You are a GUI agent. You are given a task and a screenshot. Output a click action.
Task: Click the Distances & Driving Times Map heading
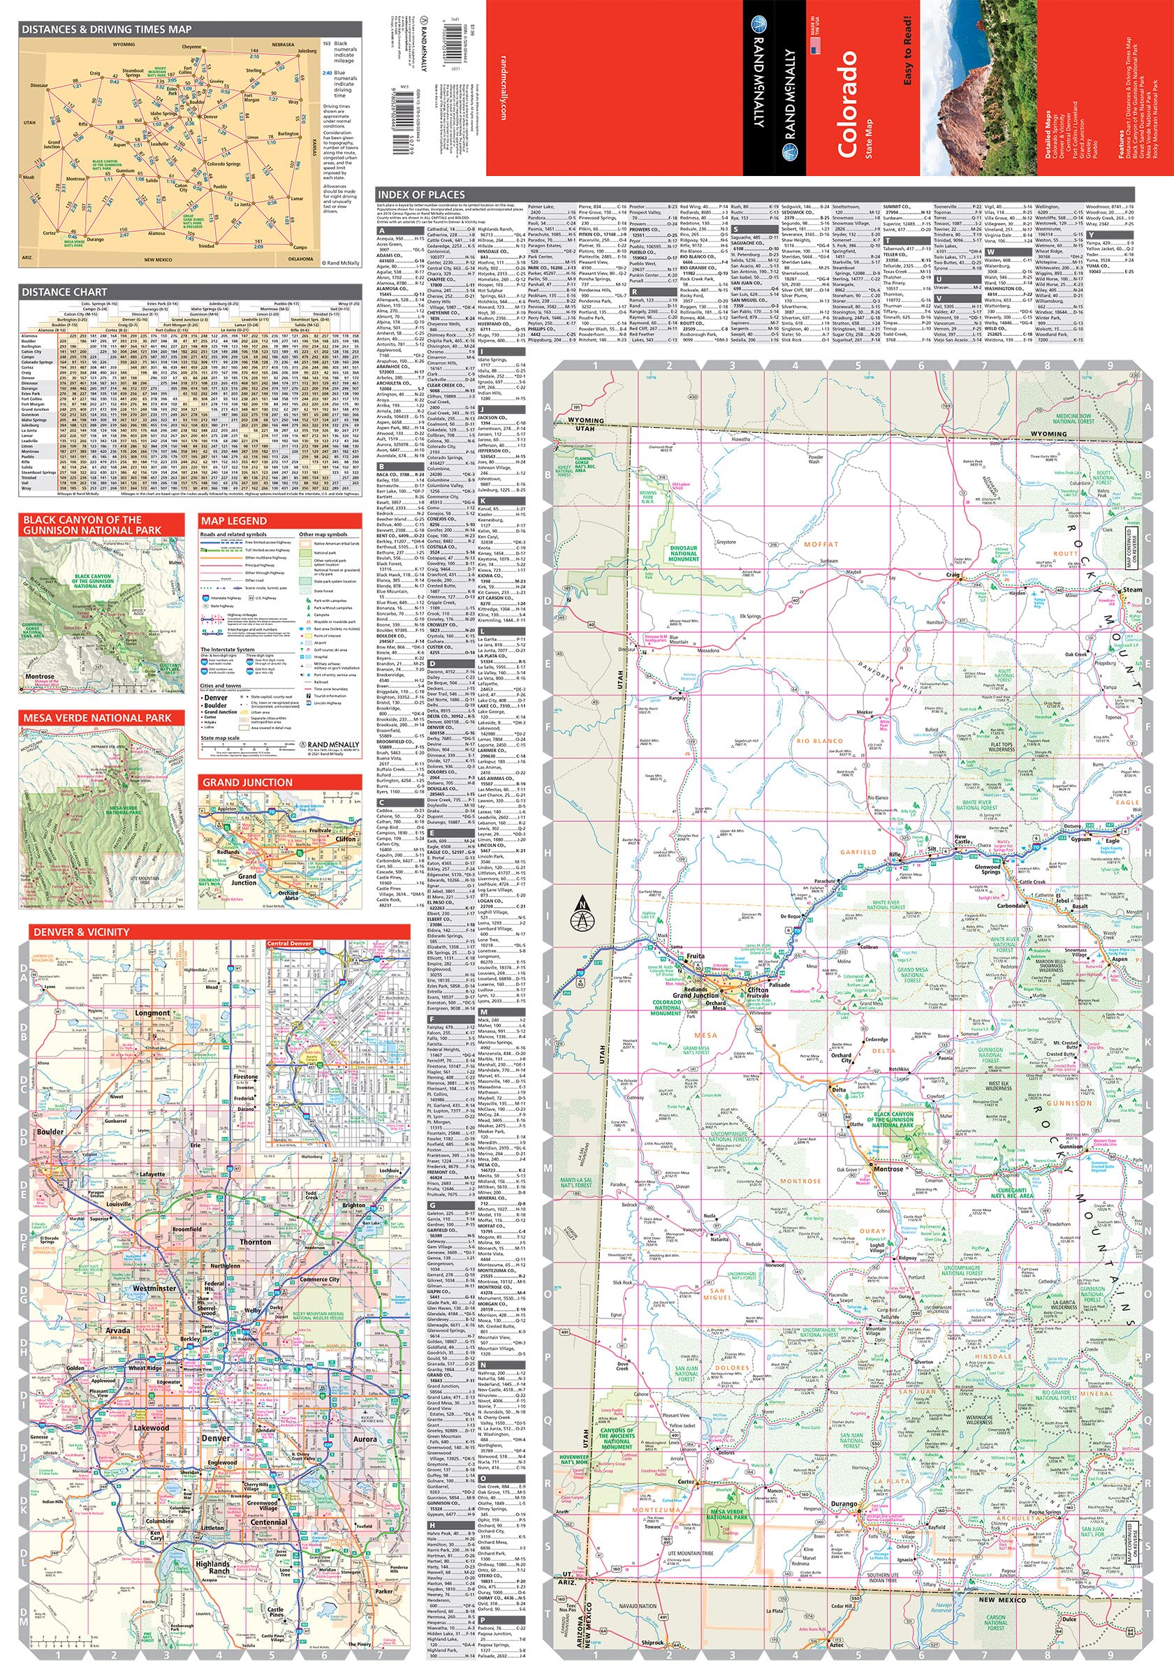pyautogui.click(x=107, y=29)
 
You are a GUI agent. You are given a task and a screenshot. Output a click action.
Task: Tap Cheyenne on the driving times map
pyautogui.click(x=191, y=47)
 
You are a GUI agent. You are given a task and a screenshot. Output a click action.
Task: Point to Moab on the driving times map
pyautogui.click(x=29, y=177)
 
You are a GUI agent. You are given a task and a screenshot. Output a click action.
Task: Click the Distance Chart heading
pyautogui.click(x=64, y=291)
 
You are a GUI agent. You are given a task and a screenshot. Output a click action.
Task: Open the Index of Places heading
pyautogui.click(x=420, y=194)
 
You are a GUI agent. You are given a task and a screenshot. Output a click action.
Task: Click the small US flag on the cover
pyautogui.click(x=816, y=45)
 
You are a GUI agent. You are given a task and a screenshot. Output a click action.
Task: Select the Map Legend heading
pyautogui.click(x=234, y=520)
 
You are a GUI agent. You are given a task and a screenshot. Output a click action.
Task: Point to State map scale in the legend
pyautogui.click(x=220, y=738)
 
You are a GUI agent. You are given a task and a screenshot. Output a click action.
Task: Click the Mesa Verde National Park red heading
pyautogui.click(x=96, y=718)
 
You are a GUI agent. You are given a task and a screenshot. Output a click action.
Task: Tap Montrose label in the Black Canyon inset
pyautogui.click(x=40, y=676)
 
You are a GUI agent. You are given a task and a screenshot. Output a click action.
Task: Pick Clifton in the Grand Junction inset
pyautogui.click(x=345, y=839)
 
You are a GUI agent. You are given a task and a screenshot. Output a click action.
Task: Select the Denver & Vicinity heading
pyautogui.click(x=81, y=932)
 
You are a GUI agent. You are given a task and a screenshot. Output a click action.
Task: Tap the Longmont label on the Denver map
pyautogui.click(x=152, y=1013)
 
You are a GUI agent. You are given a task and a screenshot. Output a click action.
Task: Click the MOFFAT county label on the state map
pyautogui.click(x=821, y=544)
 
